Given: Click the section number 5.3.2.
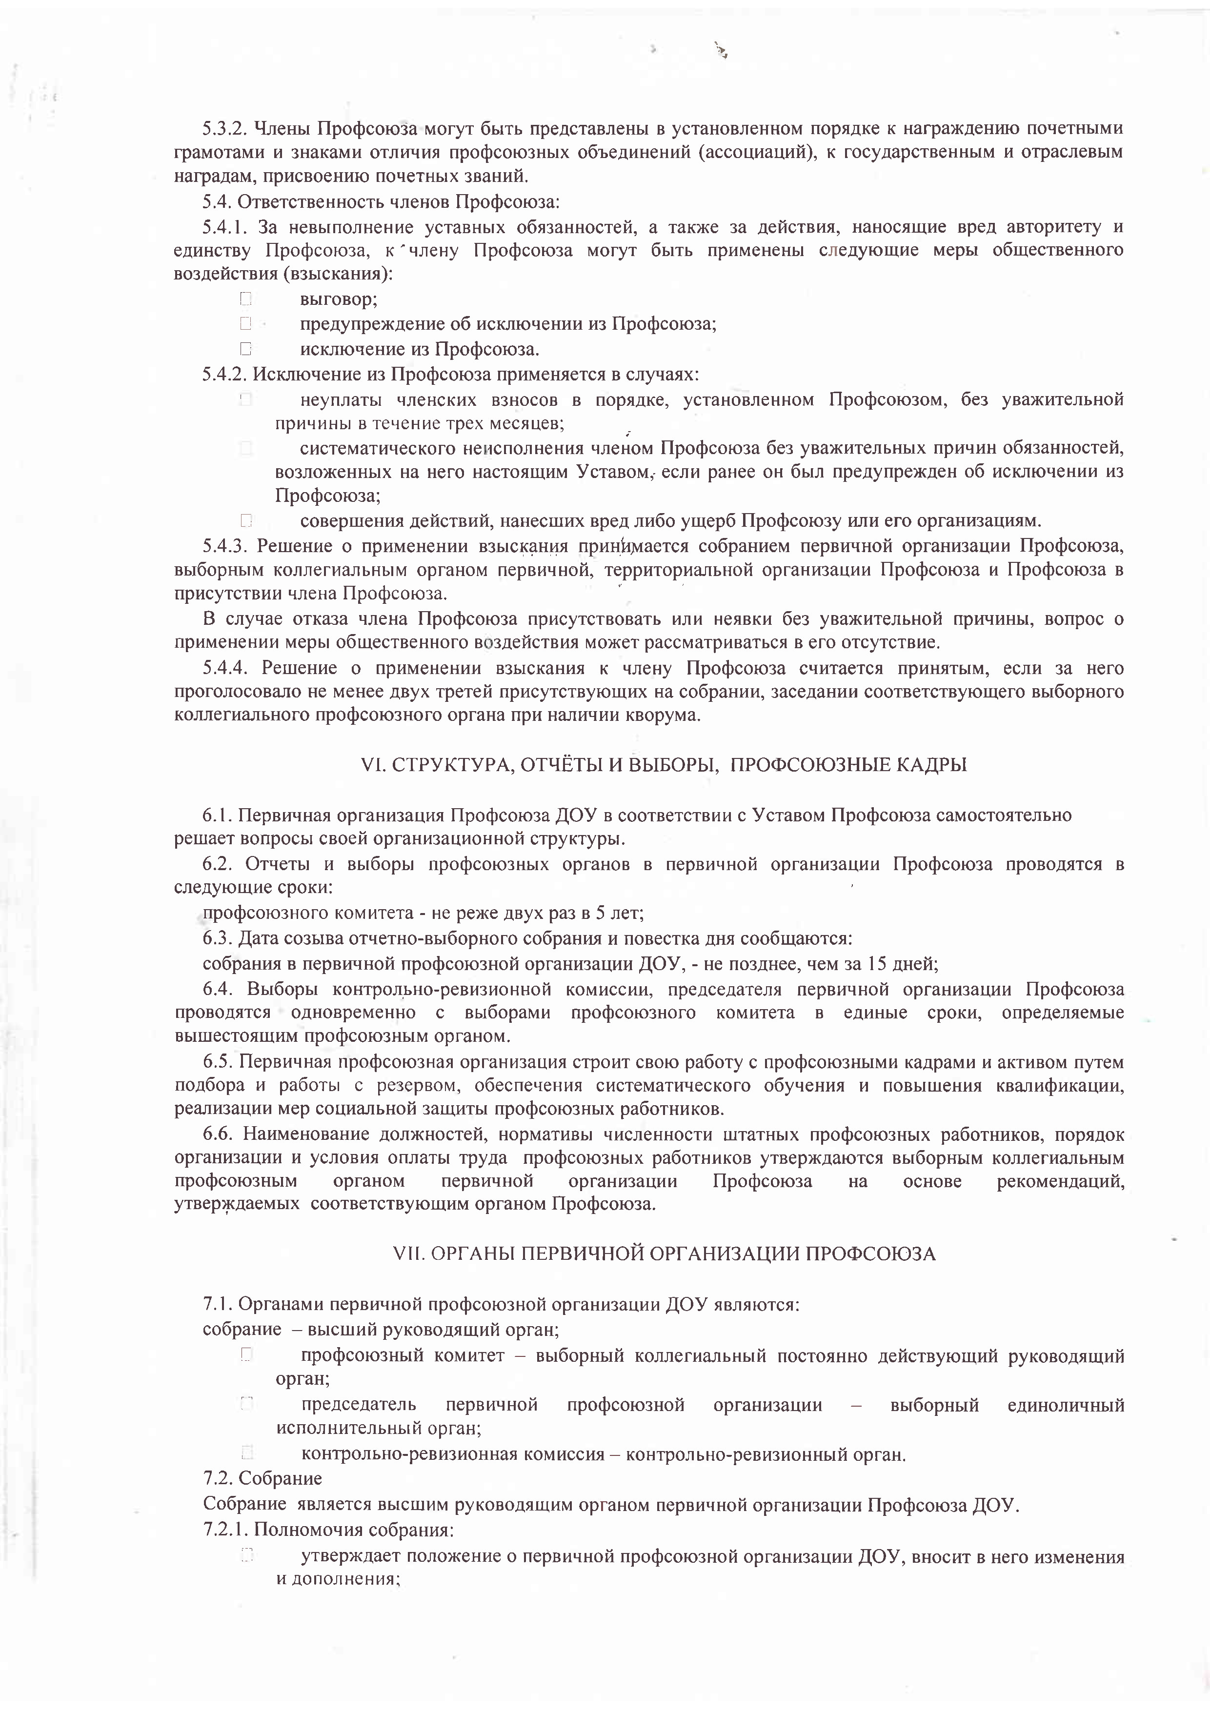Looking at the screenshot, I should click(x=225, y=129).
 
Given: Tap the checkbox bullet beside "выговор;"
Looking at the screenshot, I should click(x=246, y=299).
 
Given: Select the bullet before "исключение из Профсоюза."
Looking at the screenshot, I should click(x=246, y=349).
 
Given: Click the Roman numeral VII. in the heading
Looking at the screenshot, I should click(x=408, y=1253).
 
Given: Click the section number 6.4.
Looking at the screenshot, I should click(x=217, y=990).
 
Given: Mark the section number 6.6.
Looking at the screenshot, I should click(x=217, y=1134).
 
